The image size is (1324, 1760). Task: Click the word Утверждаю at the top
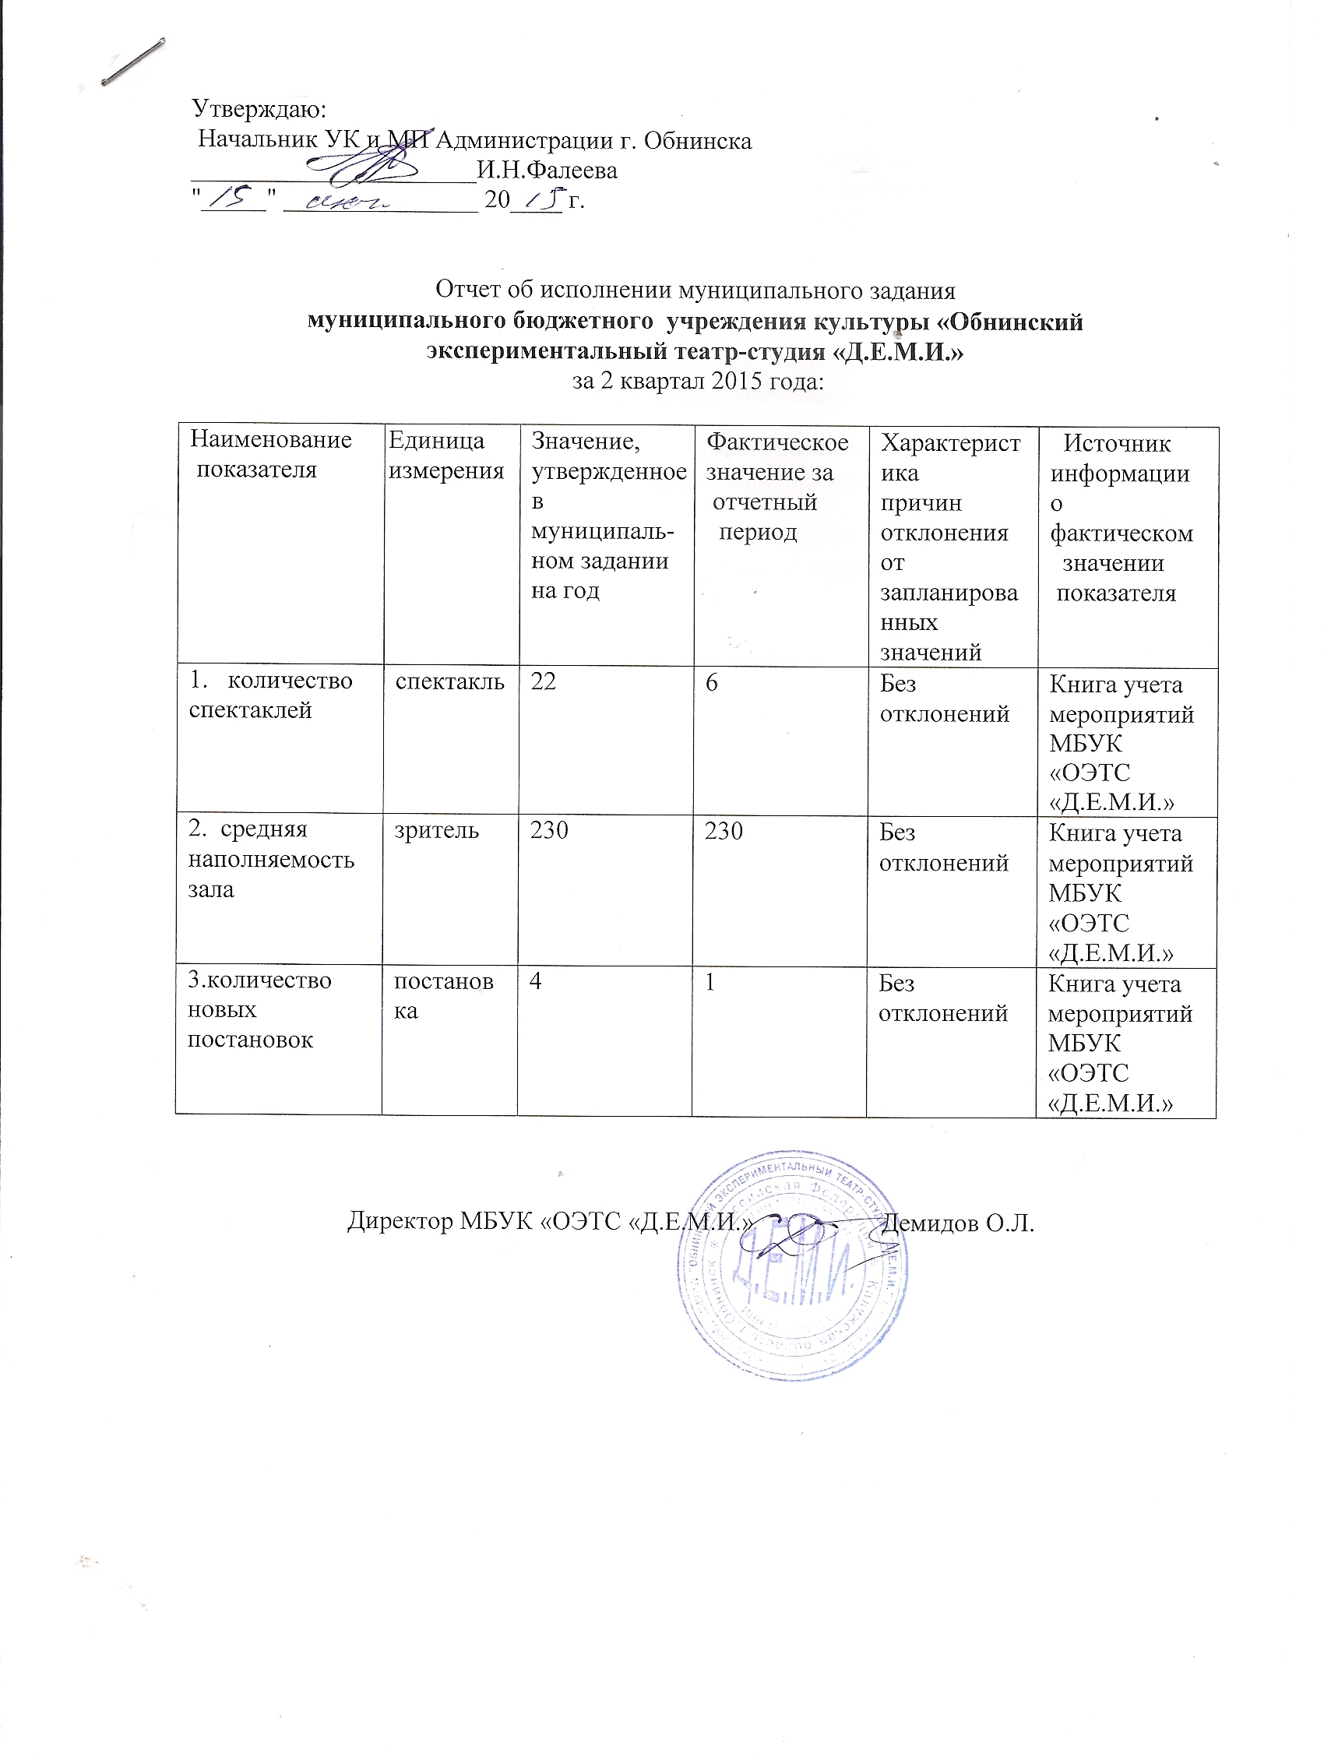click(x=259, y=108)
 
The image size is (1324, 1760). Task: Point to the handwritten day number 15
click(x=233, y=195)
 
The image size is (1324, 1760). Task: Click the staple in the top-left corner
click(x=134, y=62)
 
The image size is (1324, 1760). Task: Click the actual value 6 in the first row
click(x=711, y=683)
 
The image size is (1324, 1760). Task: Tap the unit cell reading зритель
click(x=438, y=831)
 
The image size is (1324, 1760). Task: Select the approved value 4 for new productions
click(x=537, y=981)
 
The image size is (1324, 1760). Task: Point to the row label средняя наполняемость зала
click(x=270, y=860)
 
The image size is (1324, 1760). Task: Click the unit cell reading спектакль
click(x=449, y=682)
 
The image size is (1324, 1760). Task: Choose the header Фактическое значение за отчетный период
click(x=776, y=487)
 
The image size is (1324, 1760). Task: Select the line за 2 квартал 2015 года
click(x=698, y=382)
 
